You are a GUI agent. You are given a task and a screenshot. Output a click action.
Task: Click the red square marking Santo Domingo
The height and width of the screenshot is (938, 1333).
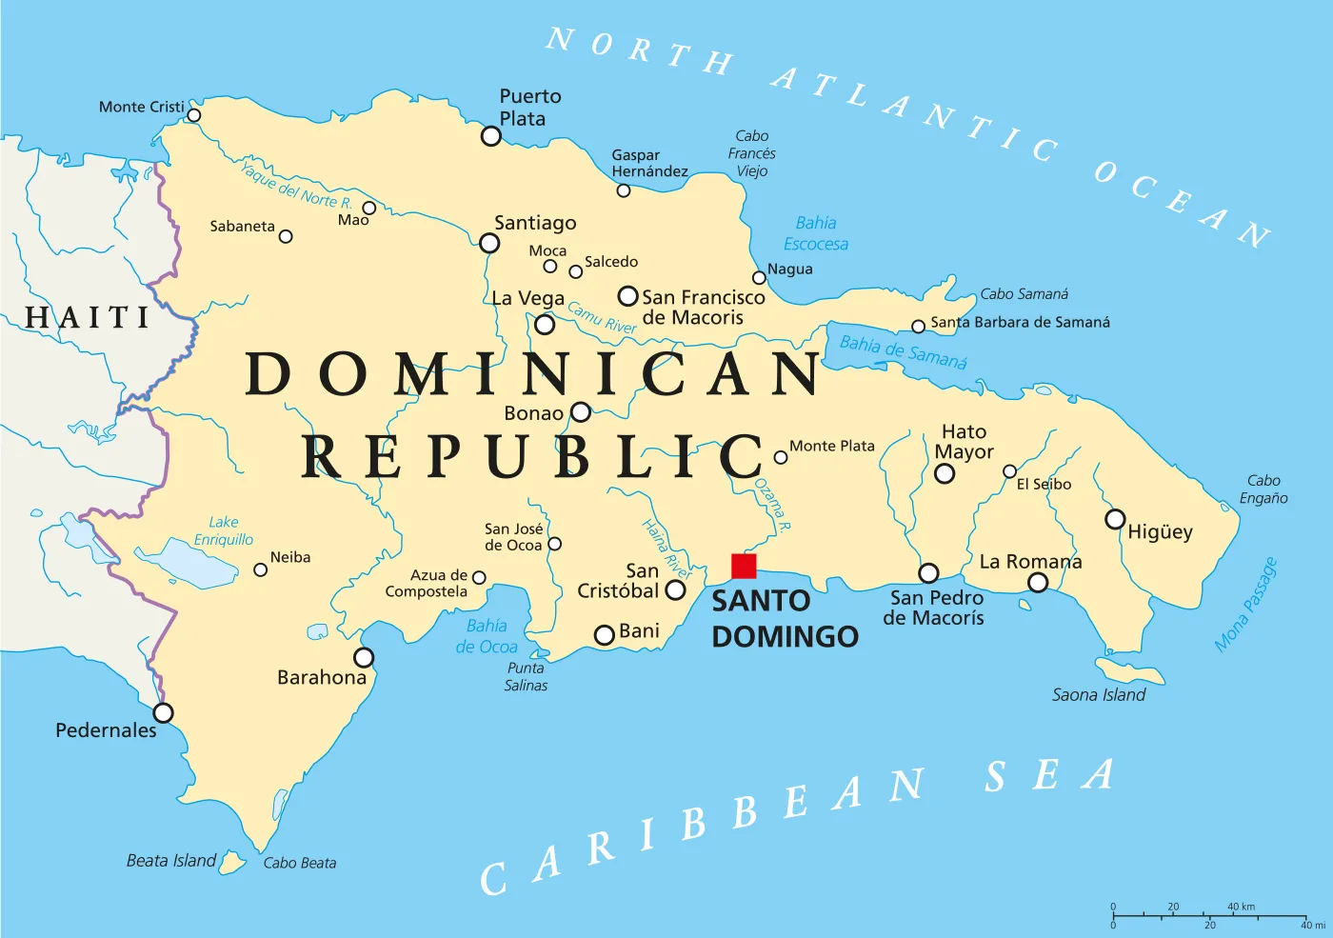click(x=744, y=566)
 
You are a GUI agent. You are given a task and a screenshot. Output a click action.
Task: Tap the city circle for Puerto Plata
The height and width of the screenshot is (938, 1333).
click(x=491, y=136)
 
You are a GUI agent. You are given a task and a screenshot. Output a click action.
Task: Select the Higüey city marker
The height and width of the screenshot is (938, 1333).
click(x=1115, y=519)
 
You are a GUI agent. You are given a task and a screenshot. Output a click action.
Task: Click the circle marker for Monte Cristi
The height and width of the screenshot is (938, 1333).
click(x=193, y=115)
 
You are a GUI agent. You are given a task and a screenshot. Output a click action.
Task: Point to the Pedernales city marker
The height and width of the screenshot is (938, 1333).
click(x=164, y=712)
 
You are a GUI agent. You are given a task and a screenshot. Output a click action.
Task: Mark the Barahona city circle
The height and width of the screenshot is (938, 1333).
click(x=364, y=657)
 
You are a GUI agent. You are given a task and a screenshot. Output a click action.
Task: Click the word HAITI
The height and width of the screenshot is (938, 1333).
click(x=88, y=317)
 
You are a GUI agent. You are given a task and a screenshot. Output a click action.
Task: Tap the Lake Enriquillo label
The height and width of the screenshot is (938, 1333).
click(x=224, y=530)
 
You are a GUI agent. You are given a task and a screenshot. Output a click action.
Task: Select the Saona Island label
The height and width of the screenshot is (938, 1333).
click(x=1099, y=695)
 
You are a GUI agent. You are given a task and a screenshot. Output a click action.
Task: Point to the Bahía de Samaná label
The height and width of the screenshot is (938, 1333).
click(x=903, y=351)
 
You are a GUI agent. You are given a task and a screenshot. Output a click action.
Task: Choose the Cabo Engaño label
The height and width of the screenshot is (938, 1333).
click(x=1263, y=489)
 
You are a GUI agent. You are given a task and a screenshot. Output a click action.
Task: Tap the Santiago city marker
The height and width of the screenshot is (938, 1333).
click(x=489, y=243)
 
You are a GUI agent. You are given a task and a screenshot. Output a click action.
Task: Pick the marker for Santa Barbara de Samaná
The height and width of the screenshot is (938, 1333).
click(x=918, y=327)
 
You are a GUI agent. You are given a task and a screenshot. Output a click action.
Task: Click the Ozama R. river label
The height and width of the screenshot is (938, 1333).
click(x=772, y=504)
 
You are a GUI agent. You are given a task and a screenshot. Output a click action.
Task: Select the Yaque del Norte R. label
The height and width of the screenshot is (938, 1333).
click(x=295, y=186)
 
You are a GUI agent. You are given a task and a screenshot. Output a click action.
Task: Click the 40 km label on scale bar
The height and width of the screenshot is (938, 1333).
click(x=1241, y=907)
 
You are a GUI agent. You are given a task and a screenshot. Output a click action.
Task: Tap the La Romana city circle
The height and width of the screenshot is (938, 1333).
click(x=1038, y=582)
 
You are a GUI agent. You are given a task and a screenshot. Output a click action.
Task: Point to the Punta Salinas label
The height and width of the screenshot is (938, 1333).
click(x=526, y=676)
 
